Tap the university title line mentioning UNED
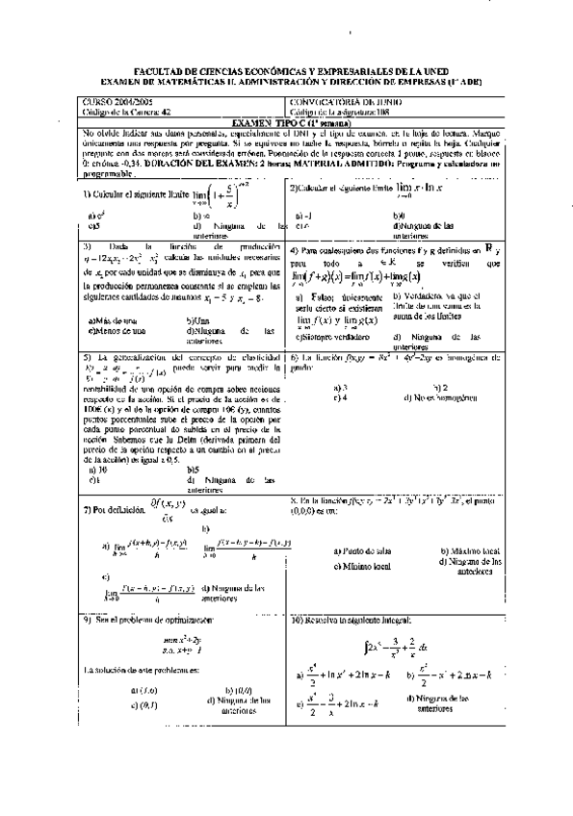tap(286, 72)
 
